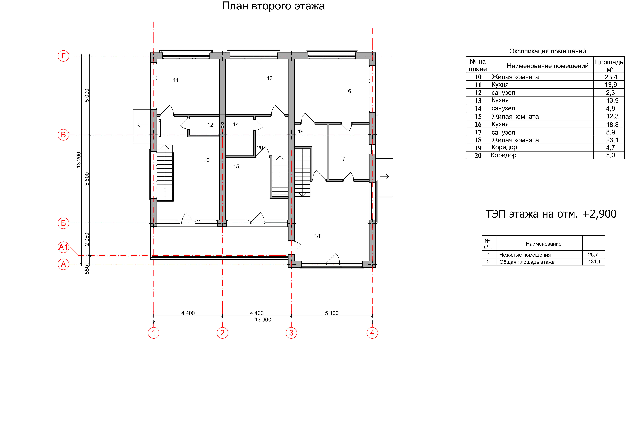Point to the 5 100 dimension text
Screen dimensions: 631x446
332,313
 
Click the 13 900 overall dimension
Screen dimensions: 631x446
263,320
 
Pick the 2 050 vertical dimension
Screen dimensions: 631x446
87,239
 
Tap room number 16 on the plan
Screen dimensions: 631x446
348,91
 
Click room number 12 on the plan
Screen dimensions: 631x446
210,125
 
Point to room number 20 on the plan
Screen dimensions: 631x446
260,148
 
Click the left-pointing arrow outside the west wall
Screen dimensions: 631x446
143,125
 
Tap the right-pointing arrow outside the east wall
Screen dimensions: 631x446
384,177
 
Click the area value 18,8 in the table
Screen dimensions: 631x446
612,125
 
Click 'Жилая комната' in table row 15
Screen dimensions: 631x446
515,117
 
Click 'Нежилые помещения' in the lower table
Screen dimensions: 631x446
525,255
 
